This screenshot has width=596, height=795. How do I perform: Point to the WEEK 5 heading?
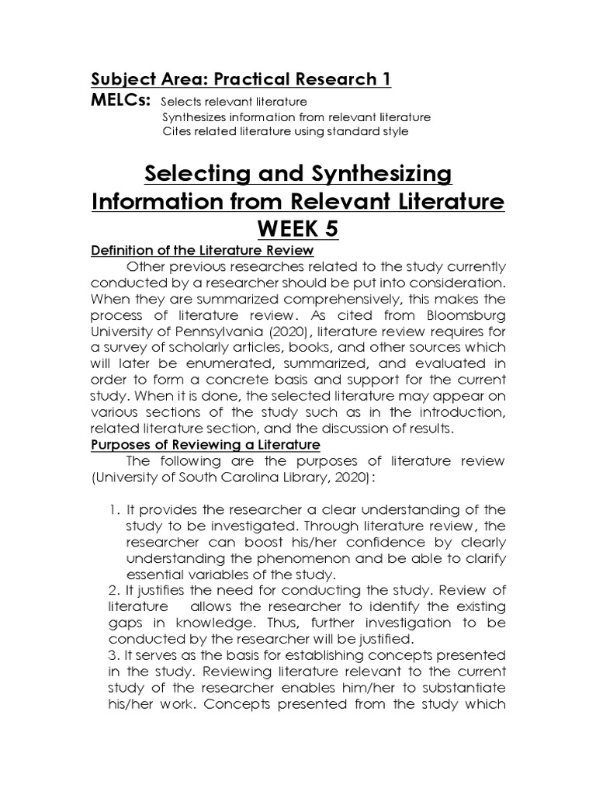pyautogui.click(x=298, y=230)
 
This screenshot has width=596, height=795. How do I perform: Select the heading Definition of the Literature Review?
pyautogui.click(x=202, y=250)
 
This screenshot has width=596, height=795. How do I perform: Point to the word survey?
pyautogui.click(x=132, y=346)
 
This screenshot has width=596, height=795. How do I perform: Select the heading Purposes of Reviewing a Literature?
pyautogui.click(x=205, y=444)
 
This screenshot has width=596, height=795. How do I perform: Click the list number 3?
pyautogui.click(x=112, y=655)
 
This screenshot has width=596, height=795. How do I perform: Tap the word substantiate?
pyautogui.click(x=459, y=688)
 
